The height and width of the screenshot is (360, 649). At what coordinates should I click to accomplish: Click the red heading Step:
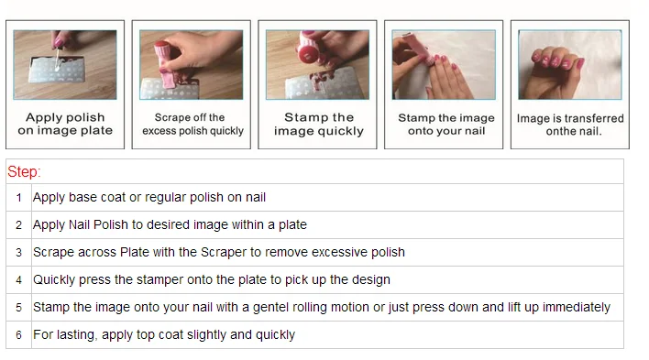tap(24, 171)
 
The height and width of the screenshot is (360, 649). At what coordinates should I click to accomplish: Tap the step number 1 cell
tap(18, 197)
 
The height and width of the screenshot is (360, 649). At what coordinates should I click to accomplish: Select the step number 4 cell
tap(18, 280)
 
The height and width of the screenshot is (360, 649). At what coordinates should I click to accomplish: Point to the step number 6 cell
tap(18, 334)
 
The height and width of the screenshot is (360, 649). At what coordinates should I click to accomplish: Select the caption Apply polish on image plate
tap(65, 124)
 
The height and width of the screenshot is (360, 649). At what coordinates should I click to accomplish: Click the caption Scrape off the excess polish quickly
tap(192, 125)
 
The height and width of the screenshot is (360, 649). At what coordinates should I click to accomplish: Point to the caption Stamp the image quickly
tap(319, 125)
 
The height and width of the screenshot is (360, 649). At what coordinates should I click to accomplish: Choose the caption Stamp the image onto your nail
tap(446, 125)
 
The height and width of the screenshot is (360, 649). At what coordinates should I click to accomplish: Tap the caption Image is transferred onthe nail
tap(570, 125)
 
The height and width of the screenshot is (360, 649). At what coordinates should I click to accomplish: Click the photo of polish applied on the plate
tap(65, 64)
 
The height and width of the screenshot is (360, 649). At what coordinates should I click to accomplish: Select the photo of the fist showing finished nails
tap(570, 64)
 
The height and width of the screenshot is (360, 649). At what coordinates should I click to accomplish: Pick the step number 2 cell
tap(18, 224)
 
